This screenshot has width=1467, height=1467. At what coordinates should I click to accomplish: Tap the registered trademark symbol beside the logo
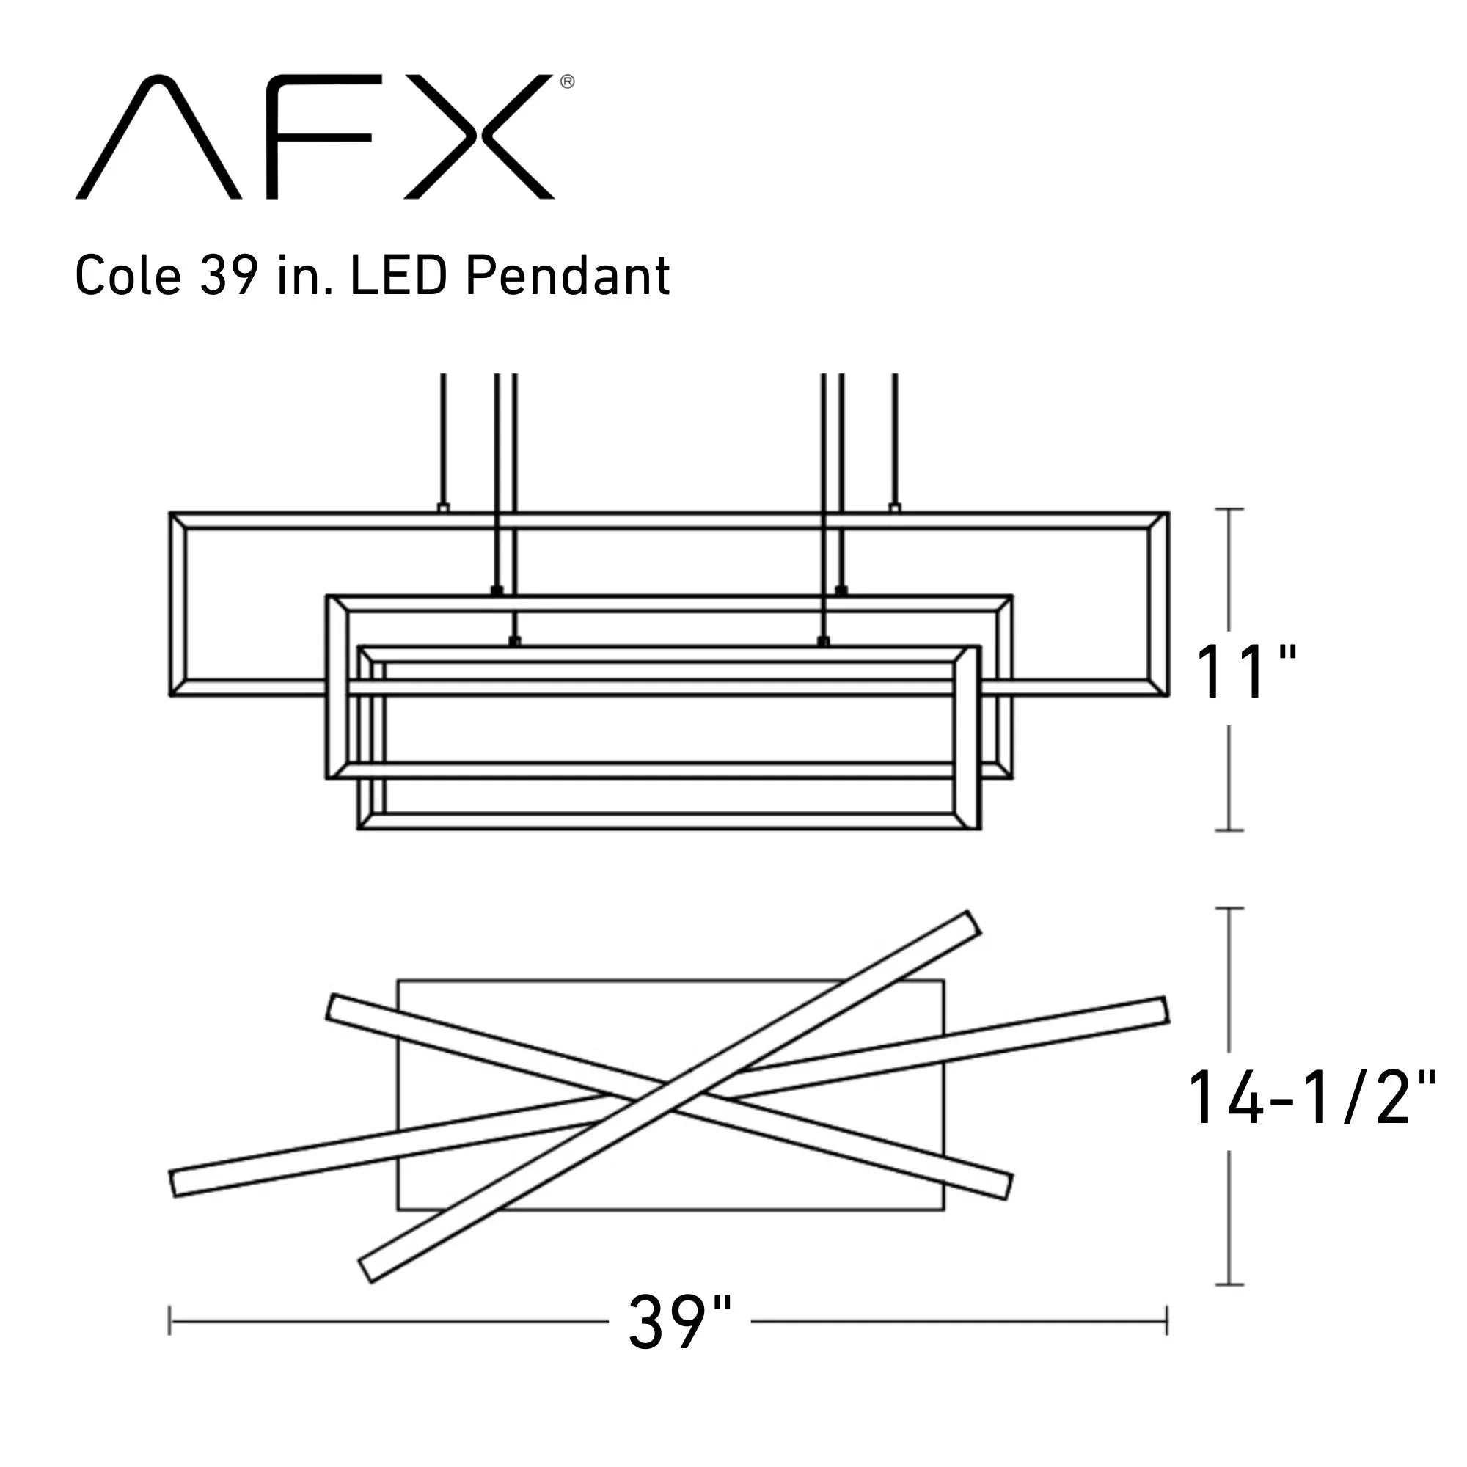567,82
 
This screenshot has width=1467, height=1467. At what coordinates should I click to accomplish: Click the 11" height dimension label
1245,672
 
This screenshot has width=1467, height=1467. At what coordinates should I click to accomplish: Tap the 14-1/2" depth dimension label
1311,1099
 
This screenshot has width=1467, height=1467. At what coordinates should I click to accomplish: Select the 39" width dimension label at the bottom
680,1323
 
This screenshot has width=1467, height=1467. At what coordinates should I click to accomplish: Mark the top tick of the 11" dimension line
1229,509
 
